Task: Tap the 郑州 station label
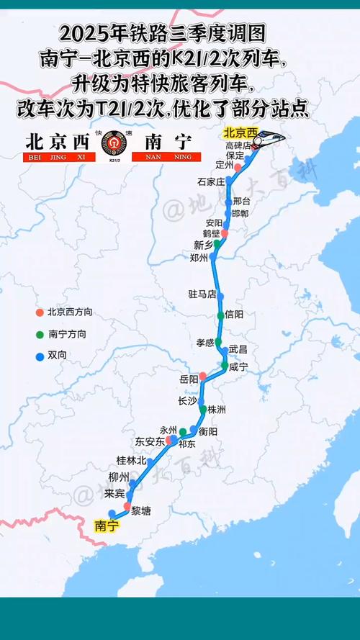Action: [x=198, y=257]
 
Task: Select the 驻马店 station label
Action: [x=202, y=294]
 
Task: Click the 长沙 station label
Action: [x=186, y=401]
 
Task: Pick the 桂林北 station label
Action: [x=131, y=460]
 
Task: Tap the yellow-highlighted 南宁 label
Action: [x=106, y=526]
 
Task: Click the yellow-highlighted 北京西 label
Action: [x=240, y=132]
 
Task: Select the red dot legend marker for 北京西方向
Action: [x=40, y=312]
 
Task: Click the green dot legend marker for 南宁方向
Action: [x=40, y=334]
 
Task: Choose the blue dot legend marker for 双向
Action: [x=40, y=356]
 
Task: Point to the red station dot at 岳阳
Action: [x=203, y=376]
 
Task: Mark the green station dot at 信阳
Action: [x=220, y=315]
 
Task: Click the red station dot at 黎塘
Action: [x=127, y=506]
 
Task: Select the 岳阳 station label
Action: [x=189, y=379]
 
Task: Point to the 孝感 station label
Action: [x=205, y=343]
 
